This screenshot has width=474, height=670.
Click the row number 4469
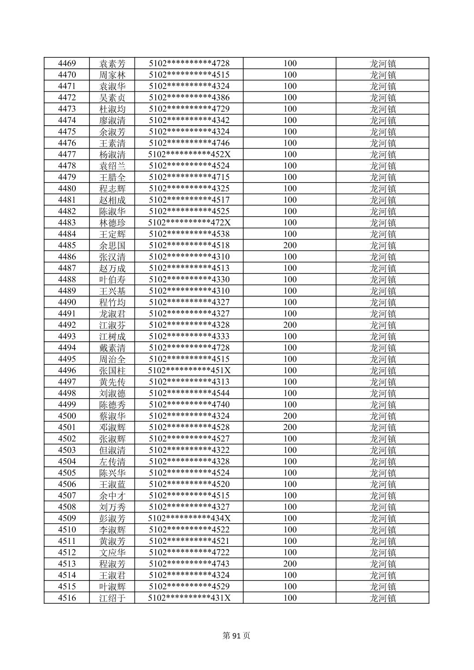click(x=67, y=64)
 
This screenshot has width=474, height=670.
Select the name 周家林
click(x=112, y=75)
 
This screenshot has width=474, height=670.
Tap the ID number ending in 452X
click(x=189, y=154)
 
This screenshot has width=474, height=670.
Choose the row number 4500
click(x=67, y=416)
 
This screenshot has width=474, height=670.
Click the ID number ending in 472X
click(x=189, y=223)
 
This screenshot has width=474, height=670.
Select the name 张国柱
click(x=112, y=371)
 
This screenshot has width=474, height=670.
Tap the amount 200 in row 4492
click(x=290, y=325)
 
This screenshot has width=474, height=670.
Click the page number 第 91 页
click(x=236, y=636)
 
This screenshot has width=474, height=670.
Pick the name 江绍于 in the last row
click(x=112, y=598)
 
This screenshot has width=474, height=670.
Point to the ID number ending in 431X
click(x=189, y=598)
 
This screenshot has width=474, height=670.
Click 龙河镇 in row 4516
click(x=382, y=598)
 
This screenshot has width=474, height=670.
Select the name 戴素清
click(x=112, y=348)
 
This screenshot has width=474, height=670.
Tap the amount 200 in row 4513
click(x=290, y=564)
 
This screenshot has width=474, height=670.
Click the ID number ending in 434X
click(x=189, y=518)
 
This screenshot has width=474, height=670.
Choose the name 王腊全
click(x=112, y=177)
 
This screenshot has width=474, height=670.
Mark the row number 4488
click(x=67, y=280)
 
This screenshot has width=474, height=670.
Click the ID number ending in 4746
click(x=189, y=143)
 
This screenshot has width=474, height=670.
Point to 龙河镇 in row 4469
click(x=382, y=64)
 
